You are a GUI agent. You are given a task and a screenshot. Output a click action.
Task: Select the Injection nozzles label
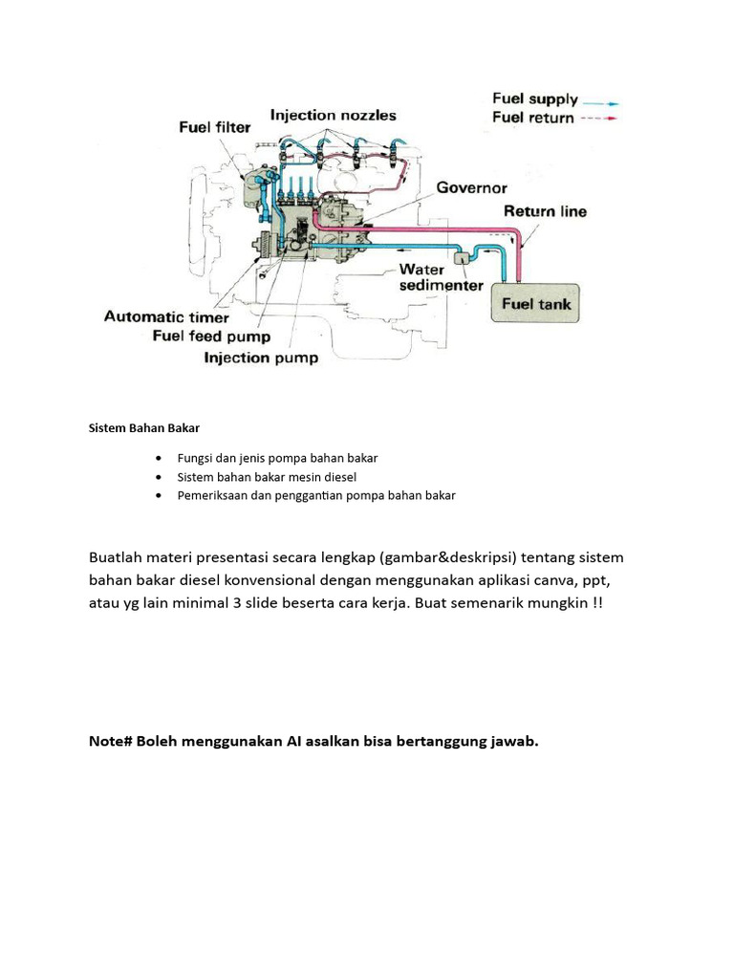click(x=333, y=115)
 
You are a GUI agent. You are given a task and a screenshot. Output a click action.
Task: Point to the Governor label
click(x=472, y=187)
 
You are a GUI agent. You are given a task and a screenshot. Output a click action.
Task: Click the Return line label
click(x=545, y=211)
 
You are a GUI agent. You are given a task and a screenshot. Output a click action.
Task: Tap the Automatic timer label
click(x=166, y=316)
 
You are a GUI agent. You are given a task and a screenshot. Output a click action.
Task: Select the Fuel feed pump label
click(x=211, y=337)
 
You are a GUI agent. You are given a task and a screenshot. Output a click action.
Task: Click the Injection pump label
click(x=261, y=359)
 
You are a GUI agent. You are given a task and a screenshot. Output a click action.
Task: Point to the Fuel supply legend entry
click(x=534, y=98)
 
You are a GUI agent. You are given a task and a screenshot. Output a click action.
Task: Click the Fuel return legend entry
click(x=532, y=118)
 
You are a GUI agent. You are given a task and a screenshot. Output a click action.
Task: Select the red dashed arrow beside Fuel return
click(x=601, y=120)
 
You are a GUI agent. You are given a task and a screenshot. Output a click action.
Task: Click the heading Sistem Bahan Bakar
click(x=144, y=427)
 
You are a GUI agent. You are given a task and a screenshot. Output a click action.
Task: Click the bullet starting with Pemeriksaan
click(x=316, y=495)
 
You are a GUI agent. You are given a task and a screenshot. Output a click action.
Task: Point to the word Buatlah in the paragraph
click(x=119, y=557)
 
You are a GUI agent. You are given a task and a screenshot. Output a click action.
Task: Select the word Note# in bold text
click(x=111, y=742)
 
